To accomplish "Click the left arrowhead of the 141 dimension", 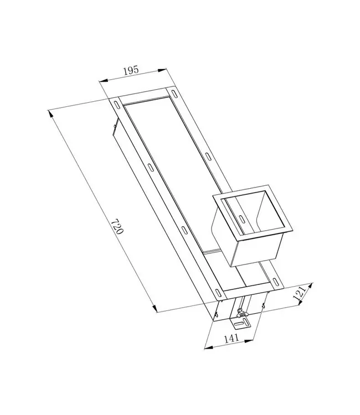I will (x=206, y=347).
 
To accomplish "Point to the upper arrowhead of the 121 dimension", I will (x=310, y=286).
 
